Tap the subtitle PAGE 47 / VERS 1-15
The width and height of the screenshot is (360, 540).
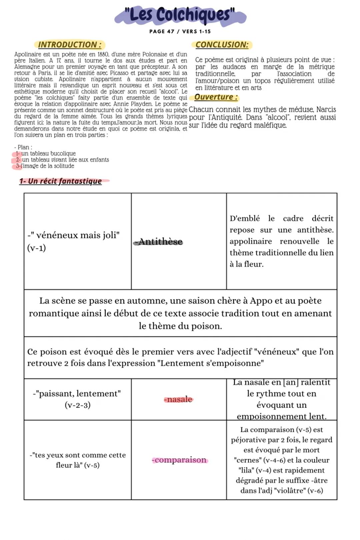point(180,31)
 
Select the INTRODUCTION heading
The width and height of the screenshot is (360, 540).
point(69,45)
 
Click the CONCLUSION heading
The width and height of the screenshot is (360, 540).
point(222,45)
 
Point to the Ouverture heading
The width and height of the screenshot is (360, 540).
point(216,97)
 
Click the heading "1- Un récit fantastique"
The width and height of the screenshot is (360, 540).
point(60,181)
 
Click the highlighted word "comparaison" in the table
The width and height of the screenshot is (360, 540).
point(180,460)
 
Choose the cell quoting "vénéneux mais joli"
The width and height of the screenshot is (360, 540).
point(77,241)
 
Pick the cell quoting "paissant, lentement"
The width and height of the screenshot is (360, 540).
point(77,399)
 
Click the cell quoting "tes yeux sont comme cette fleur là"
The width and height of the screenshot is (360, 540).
point(77,460)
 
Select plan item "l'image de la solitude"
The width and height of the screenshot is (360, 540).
point(47,166)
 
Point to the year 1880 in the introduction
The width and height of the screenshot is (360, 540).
point(102,54)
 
